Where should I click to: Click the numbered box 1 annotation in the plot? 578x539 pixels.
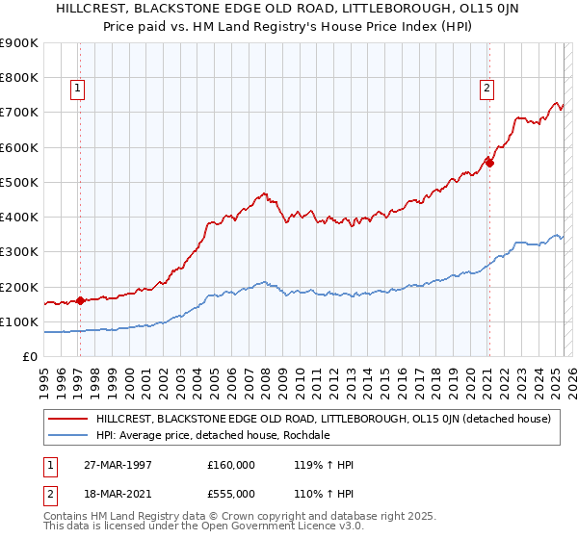click(77, 89)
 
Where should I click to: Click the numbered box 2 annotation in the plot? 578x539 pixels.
click(486, 89)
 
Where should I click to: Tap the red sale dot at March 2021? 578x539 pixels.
click(489, 163)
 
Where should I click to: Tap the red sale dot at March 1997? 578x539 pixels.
click(80, 300)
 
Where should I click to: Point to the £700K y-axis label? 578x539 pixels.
click(19, 113)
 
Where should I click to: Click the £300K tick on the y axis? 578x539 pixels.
click(19, 252)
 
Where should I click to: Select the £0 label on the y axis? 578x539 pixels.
click(29, 357)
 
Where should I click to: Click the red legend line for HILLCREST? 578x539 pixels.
click(67, 420)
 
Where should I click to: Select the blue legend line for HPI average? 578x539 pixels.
click(67, 435)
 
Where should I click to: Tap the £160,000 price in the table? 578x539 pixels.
click(230, 465)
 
